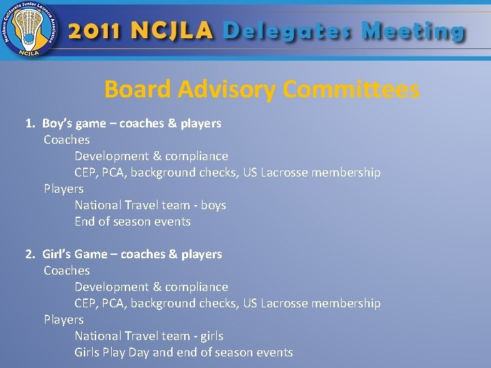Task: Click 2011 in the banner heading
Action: coord(95,31)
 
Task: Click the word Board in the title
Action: coord(138,89)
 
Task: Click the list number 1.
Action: coord(29,123)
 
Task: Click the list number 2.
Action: coord(29,254)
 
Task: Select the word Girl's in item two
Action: coord(57,254)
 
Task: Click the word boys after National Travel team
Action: coord(213,205)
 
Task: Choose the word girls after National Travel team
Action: coord(211,336)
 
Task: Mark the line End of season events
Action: coord(132,221)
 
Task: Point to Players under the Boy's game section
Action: coord(63,189)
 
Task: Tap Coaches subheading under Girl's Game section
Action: coord(66,271)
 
